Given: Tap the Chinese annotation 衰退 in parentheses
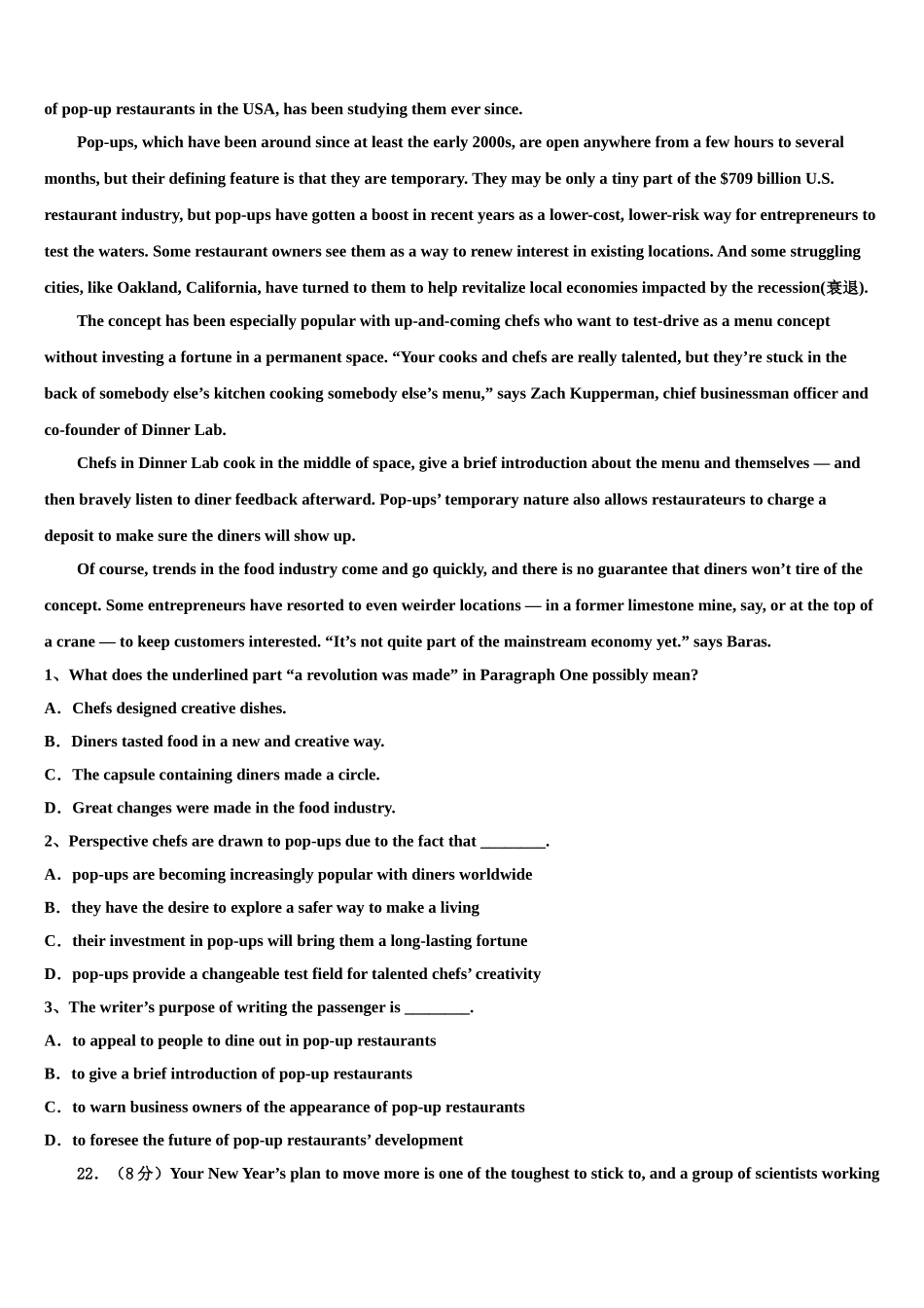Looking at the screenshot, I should pos(842,288).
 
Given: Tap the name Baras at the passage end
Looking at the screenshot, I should pos(748,642).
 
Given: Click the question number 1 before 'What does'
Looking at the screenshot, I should pos(49,675).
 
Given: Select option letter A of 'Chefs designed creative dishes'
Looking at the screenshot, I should pos(51,708).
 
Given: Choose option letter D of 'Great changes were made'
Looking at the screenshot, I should pos(51,808).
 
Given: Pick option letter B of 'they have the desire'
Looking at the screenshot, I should pos(51,908).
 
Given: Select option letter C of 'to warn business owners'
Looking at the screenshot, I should pos(51,1108).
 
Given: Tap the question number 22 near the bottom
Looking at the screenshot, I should pos(87,1174).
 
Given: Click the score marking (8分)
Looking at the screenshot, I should pos(139,1174).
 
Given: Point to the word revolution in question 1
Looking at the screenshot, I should pos(345,675).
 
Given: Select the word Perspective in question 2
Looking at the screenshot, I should pos(111,842).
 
